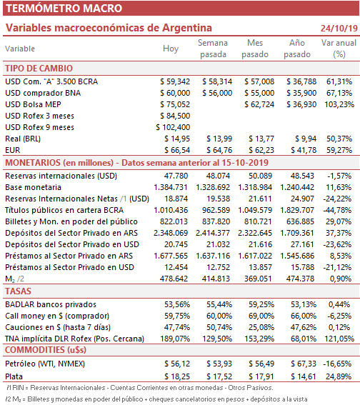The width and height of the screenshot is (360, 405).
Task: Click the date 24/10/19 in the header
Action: pos(339,28)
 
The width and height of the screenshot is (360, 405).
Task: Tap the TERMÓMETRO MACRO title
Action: pos(64,9)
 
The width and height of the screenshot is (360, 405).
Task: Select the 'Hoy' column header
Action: pos(171,49)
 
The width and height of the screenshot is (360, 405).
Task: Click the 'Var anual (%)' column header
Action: pos(339,49)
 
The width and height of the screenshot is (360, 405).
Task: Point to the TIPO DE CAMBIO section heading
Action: pos(39,69)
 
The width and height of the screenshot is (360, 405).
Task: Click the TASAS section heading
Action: pos(18,291)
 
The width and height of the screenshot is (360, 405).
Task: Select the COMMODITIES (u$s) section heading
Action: pos(46,350)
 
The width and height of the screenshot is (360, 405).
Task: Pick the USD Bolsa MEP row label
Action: pos(33,104)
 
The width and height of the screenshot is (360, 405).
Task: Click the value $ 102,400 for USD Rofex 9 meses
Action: pos(173,127)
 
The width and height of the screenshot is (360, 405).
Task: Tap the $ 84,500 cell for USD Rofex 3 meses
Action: pos(175,116)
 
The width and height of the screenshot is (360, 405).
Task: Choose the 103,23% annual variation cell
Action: pos(339,104)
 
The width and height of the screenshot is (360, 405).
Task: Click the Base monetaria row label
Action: pos(33,187)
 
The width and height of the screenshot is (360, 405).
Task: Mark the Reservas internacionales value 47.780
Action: pos(176,176)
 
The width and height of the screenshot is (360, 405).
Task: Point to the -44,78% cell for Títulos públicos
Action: pos(337,210)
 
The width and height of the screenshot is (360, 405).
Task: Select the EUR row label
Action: pos(13,150)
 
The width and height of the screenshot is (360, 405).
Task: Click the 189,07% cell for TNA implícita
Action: pos(175,339)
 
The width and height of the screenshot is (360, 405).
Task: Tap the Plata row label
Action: pos(14,376)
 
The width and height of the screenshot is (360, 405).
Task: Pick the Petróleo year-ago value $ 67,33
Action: pos(304,364)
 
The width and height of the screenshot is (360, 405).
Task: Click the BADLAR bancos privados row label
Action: pos(51,304)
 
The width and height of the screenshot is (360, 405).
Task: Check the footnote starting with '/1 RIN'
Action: pos(139,388)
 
